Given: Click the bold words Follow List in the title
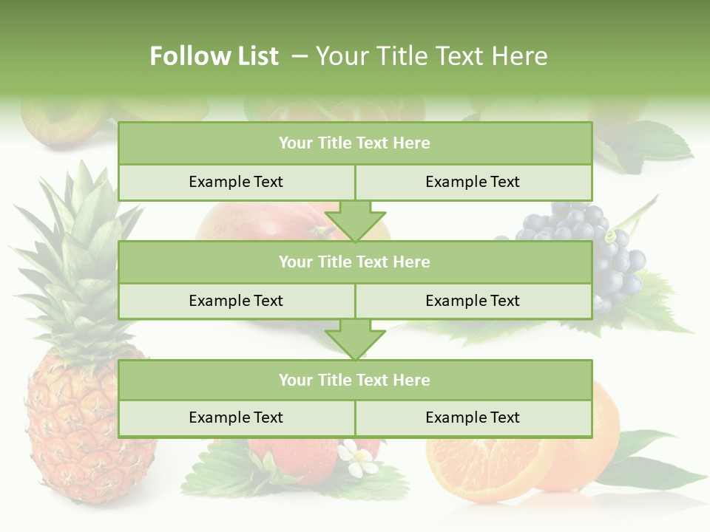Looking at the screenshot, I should pos(214,56).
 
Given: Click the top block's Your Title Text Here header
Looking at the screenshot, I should pos(354,143).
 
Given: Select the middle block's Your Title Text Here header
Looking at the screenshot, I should pos(354,262).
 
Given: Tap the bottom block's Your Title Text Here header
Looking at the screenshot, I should pos(354,380).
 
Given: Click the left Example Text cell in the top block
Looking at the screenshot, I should pos(236,182).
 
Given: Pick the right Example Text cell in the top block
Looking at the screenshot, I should pos(473,182).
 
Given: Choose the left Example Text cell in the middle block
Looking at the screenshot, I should pos(236,301).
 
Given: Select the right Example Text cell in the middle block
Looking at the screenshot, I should pos(473,301).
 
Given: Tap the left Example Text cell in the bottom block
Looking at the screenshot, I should pos(236,417).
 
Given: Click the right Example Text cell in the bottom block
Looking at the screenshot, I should pos(473,417).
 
